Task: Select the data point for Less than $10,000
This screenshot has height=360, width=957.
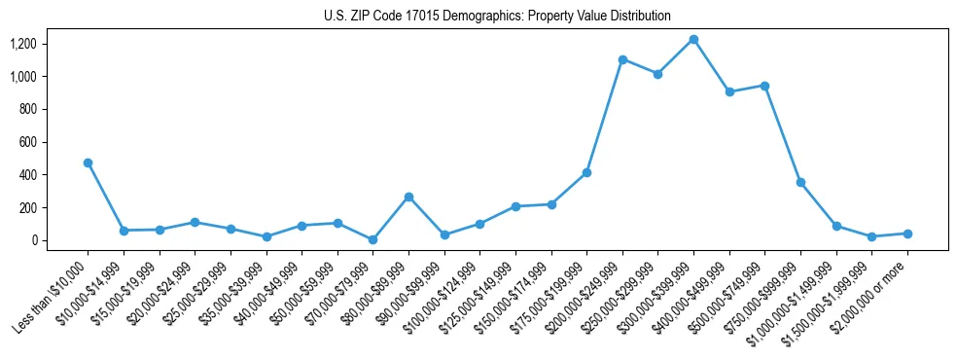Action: coord(89,162)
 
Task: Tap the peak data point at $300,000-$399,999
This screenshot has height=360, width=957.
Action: coord(693,39)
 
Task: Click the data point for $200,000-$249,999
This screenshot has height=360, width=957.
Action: coord(622,59)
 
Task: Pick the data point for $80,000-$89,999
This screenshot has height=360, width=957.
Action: coord(408,197)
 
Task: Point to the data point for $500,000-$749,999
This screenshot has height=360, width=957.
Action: coord(765,86)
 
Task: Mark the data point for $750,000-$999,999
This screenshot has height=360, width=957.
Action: coord(800,182)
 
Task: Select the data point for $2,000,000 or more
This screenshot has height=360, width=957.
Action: coord(907,234)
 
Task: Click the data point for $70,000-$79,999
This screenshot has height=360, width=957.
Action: coord(372,239)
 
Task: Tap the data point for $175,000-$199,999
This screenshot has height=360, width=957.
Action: coord(586,172)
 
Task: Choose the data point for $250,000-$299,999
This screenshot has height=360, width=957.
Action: coord(658,74)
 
